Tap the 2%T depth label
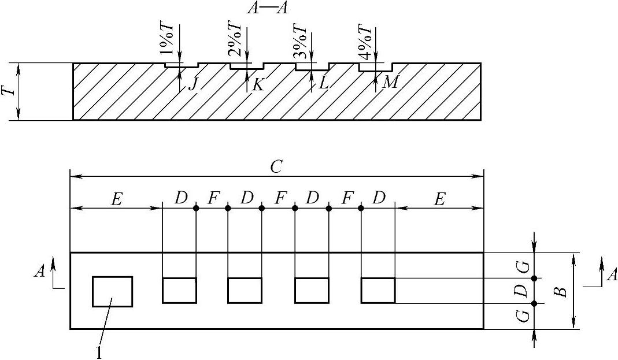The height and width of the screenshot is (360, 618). [236, 41]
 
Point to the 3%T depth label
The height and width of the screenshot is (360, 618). [301, 41]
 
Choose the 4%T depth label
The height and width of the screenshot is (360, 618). [365, 41]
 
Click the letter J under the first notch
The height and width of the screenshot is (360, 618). [193, 84]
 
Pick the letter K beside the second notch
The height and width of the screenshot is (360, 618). [258, 84]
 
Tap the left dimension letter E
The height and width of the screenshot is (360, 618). [116, 199]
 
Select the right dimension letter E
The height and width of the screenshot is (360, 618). [439, 199]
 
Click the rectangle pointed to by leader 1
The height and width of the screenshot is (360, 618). [112, 291]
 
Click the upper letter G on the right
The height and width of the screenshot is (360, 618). [522, 266]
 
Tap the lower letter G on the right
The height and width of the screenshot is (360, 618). [522, 316]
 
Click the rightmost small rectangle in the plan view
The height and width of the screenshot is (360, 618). [378, 290]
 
